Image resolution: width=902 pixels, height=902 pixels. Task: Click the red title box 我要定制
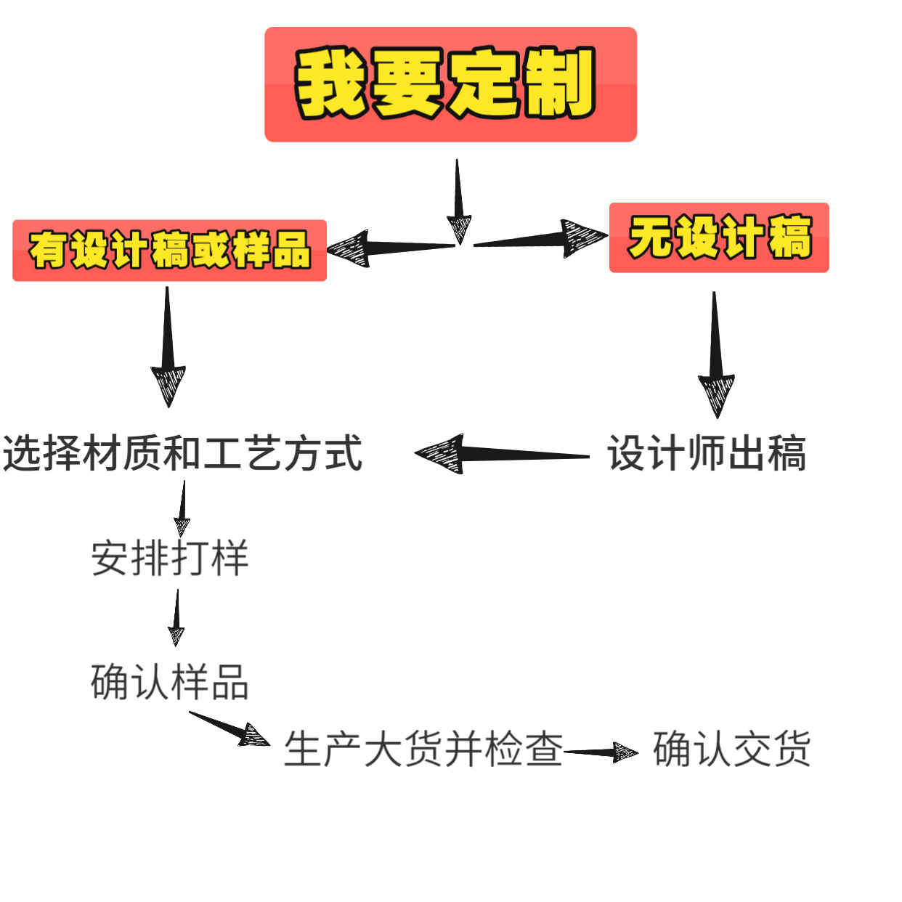pos(450,84)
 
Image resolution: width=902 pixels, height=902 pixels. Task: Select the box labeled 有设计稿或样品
pos(169,251)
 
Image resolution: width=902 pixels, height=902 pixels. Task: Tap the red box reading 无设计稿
pos(719,238)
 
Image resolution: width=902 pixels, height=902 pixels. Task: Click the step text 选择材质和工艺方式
pos(182,454)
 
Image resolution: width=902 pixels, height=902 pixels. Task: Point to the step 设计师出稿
pos(707,454)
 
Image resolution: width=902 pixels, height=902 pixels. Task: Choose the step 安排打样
pos(170,558)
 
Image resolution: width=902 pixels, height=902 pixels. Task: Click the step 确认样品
pos(170,682)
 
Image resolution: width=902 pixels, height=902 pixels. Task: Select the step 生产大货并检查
pos(423,749)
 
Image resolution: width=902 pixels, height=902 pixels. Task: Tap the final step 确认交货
pos(731,749)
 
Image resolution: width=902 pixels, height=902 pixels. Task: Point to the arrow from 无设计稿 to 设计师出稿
pos(715,356)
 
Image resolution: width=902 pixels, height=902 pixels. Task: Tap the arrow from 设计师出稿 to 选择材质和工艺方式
pos(501,455)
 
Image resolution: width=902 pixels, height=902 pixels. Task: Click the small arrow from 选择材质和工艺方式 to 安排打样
pos(182,508)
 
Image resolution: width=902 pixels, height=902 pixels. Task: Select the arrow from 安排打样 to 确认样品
pos(176,617)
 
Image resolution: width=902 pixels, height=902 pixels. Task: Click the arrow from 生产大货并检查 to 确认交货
pos(601,752)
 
